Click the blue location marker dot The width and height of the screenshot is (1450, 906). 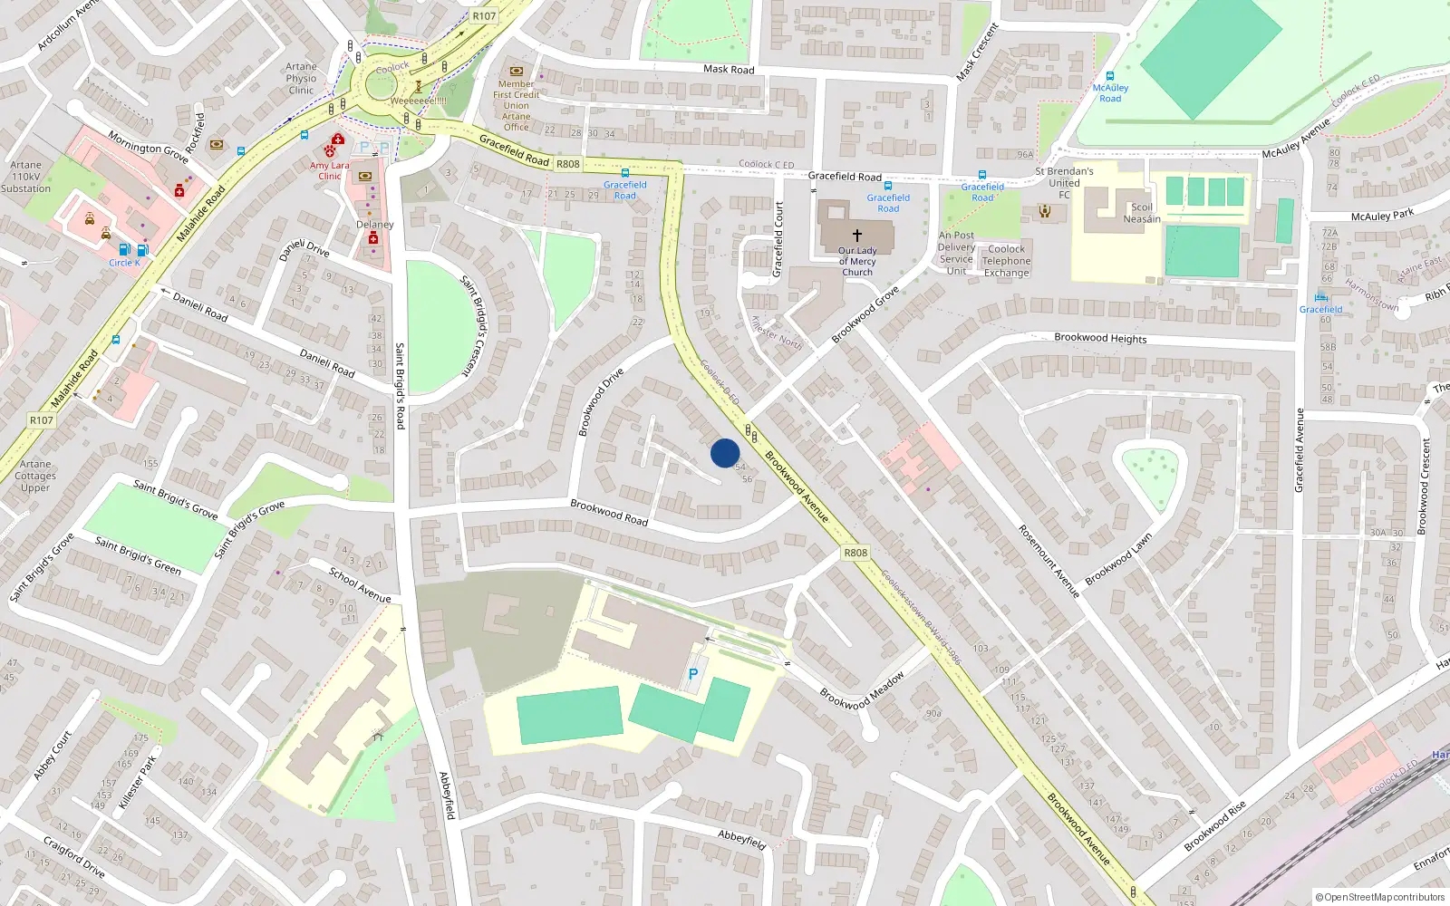click(x=725, y=453)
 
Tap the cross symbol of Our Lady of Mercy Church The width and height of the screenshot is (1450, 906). click(x=856, y=236)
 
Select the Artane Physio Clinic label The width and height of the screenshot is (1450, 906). click(x=301, y=79)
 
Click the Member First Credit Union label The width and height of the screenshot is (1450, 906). click(x=517, y=100)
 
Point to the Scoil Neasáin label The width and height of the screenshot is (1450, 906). click(x=1142, y=213)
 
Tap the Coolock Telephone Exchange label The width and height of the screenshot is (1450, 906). click(x=1006, y=261)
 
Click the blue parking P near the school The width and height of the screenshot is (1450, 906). click(x=693, y=674)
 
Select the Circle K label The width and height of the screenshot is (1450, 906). click(x=124, y=263)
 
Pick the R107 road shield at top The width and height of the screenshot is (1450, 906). click(x=484, y=16)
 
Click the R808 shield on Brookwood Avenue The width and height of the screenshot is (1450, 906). click(x=855, y=553)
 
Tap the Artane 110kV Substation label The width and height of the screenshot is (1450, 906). click(x=25, y=177)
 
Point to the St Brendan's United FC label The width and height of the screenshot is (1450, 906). click(x=1064, y=182)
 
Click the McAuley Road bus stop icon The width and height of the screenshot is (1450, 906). click(x=1110, y=77)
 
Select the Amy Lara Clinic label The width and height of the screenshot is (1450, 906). click(x=329, y=170)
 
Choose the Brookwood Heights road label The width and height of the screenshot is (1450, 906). click(x=1100, y=338)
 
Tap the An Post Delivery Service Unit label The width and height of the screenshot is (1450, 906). click(x=956, y=253)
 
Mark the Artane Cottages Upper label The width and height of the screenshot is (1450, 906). click(x=35, y=476)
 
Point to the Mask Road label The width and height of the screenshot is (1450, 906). click(x=729, y=69)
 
